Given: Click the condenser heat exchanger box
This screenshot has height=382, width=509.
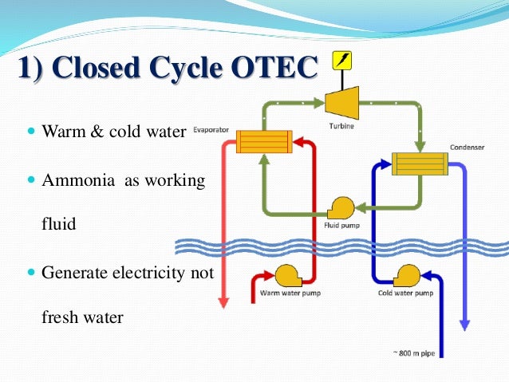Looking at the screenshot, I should (x=419, y=164).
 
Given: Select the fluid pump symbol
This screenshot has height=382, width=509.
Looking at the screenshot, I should (x=341, y=209).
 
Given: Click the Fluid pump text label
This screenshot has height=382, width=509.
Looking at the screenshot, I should (x=342, y=226).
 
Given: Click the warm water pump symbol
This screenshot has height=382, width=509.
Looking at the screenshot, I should (x=288, y=277).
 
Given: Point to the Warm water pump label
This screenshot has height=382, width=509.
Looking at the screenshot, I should (x=289, y=293).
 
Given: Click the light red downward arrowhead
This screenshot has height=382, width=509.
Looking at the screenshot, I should (x=224, y=302).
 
